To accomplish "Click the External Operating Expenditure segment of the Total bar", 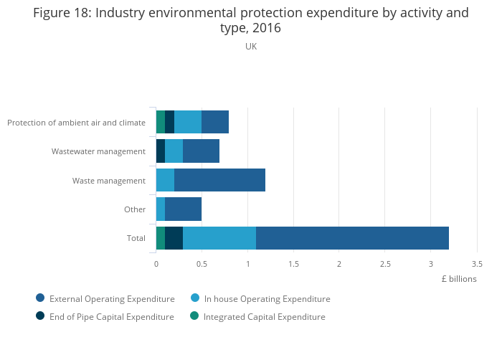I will pos(352,238).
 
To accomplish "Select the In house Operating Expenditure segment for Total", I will pos(219,238).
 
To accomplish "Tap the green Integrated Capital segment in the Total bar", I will pos(161,238).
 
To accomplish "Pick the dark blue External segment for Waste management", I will pos(219,180).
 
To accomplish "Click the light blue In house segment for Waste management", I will pos(165,180).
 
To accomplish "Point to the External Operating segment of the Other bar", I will pos(183,209).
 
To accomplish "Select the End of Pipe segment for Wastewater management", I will pos(161,151).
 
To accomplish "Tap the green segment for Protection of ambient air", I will pos(161,122).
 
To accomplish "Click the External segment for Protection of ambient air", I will pos(215,122).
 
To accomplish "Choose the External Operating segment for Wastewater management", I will pos(201,151).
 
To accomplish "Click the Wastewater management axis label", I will pos(98,151).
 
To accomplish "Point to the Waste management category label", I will pos(109,181).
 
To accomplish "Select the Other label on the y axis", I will pos(135,209).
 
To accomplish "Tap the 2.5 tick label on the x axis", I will pos(385,263).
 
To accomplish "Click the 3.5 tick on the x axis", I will pos(477,263).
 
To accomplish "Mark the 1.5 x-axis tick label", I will pos(293,263).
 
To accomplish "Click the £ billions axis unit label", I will pos(459,279).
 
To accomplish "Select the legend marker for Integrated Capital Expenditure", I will pos(194,316).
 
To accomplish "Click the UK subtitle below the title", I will pos(251,47).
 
